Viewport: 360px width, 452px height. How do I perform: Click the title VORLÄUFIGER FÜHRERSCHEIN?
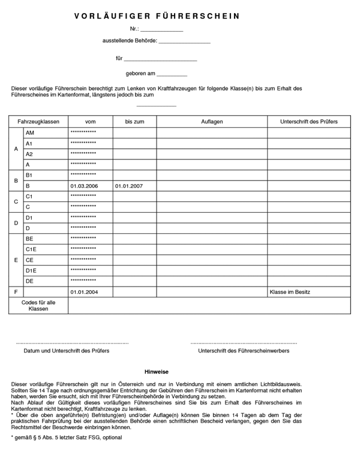(x=157, y=16)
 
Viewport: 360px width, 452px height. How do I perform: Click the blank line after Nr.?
(x=162, y=29)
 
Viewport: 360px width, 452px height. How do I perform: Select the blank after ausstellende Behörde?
(x=184, y=42)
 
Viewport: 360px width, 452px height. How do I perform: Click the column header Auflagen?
(x=212, y=122)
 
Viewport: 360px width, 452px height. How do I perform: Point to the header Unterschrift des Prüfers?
(x=308, y=122)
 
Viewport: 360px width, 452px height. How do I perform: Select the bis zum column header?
(x=134, y=122)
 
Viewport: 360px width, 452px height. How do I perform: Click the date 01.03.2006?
(x=84, y=186)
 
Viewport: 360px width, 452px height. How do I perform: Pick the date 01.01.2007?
(x=129, y=186)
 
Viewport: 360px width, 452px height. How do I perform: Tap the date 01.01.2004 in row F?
(x=84, y=292)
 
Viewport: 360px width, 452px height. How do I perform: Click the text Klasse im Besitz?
(x=290, y=292)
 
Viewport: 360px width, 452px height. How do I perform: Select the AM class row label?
(x=30, y=132)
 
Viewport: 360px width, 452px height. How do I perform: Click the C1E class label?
(x=31, y=249)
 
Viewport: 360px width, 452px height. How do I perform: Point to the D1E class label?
(x=31, y=270)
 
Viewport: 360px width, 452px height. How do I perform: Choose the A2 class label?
(x=29, y=154)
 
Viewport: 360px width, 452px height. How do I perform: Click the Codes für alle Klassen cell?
(x=38, y=306)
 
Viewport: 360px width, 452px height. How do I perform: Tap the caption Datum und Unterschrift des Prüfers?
(x=66, y=351)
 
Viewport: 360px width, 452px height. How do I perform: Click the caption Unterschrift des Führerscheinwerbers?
(x=244, y=351)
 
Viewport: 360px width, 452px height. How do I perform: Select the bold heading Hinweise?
(x=157, y=372)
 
